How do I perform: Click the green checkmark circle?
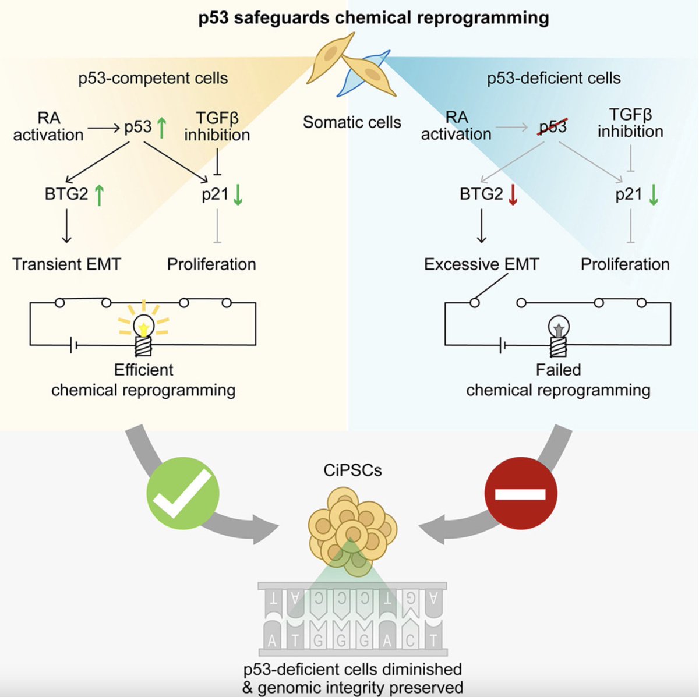tap(183, 493)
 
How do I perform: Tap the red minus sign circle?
tap(521, 493)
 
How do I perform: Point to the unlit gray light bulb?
tap(558, 335)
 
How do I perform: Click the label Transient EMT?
tap(67, 264)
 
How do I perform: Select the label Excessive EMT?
tap(481, 264)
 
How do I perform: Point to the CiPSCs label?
tap(352, 470)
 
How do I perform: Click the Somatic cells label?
tap(352, 122)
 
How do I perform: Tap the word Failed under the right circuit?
tap(558, 370)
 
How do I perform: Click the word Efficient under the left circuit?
tap(144, 370)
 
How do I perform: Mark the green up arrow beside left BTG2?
tap(98, 194)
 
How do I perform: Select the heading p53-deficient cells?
tap(553, 78)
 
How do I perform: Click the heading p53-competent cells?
tap(153, 78)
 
